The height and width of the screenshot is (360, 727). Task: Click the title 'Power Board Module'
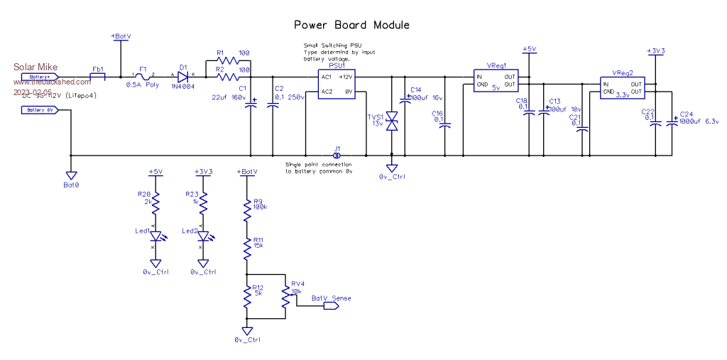pos(351,25)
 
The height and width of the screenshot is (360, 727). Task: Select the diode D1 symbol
pos(183,77)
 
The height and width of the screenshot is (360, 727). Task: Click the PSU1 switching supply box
pos(336,84)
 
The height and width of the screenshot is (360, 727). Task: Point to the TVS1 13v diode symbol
pos(391,121)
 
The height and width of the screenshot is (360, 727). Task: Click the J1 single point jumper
pos(337,155)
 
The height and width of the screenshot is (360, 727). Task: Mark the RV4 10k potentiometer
pos(285,298)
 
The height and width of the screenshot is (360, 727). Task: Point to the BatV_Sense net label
pos(331,298)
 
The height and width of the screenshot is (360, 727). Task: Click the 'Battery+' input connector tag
pos(40,76)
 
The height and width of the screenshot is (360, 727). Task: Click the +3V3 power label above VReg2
pos(655,51)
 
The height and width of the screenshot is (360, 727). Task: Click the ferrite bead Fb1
pos(97,77)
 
